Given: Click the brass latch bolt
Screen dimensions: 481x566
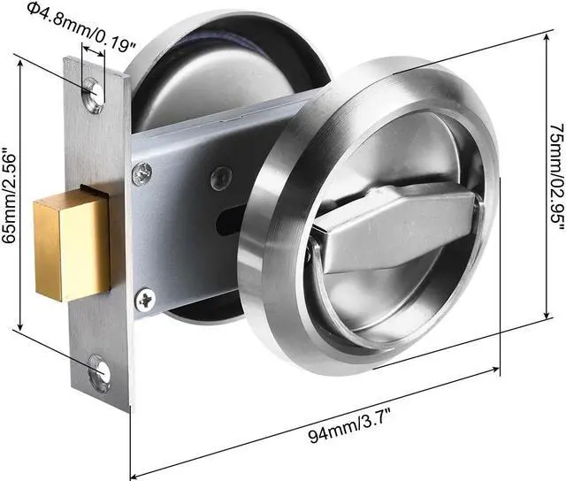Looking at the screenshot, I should [71, 250].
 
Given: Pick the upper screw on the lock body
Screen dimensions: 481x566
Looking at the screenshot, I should [141, 173].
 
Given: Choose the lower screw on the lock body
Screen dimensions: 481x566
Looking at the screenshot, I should [144, 301].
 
